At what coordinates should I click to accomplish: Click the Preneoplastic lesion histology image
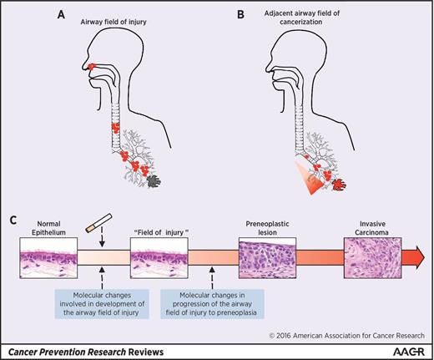(x=265, y=257)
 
